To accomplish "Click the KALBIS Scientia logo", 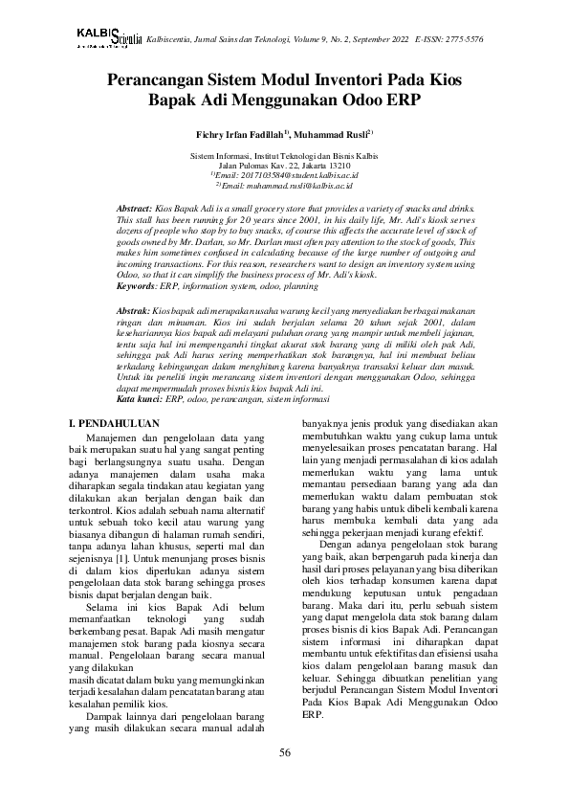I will pyautogui.click(x=108, y=37).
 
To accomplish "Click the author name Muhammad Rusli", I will pyautogui.click(x=333, y=135).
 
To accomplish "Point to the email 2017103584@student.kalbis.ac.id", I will pyautogui.click(x=288, y=175).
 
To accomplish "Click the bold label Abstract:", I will pyautogui.click(x=134, y=208).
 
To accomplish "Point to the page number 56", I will pyautogui.click(x=284, y=753).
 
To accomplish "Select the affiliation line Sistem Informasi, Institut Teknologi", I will pyautogui.click(x=284, y=155).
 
